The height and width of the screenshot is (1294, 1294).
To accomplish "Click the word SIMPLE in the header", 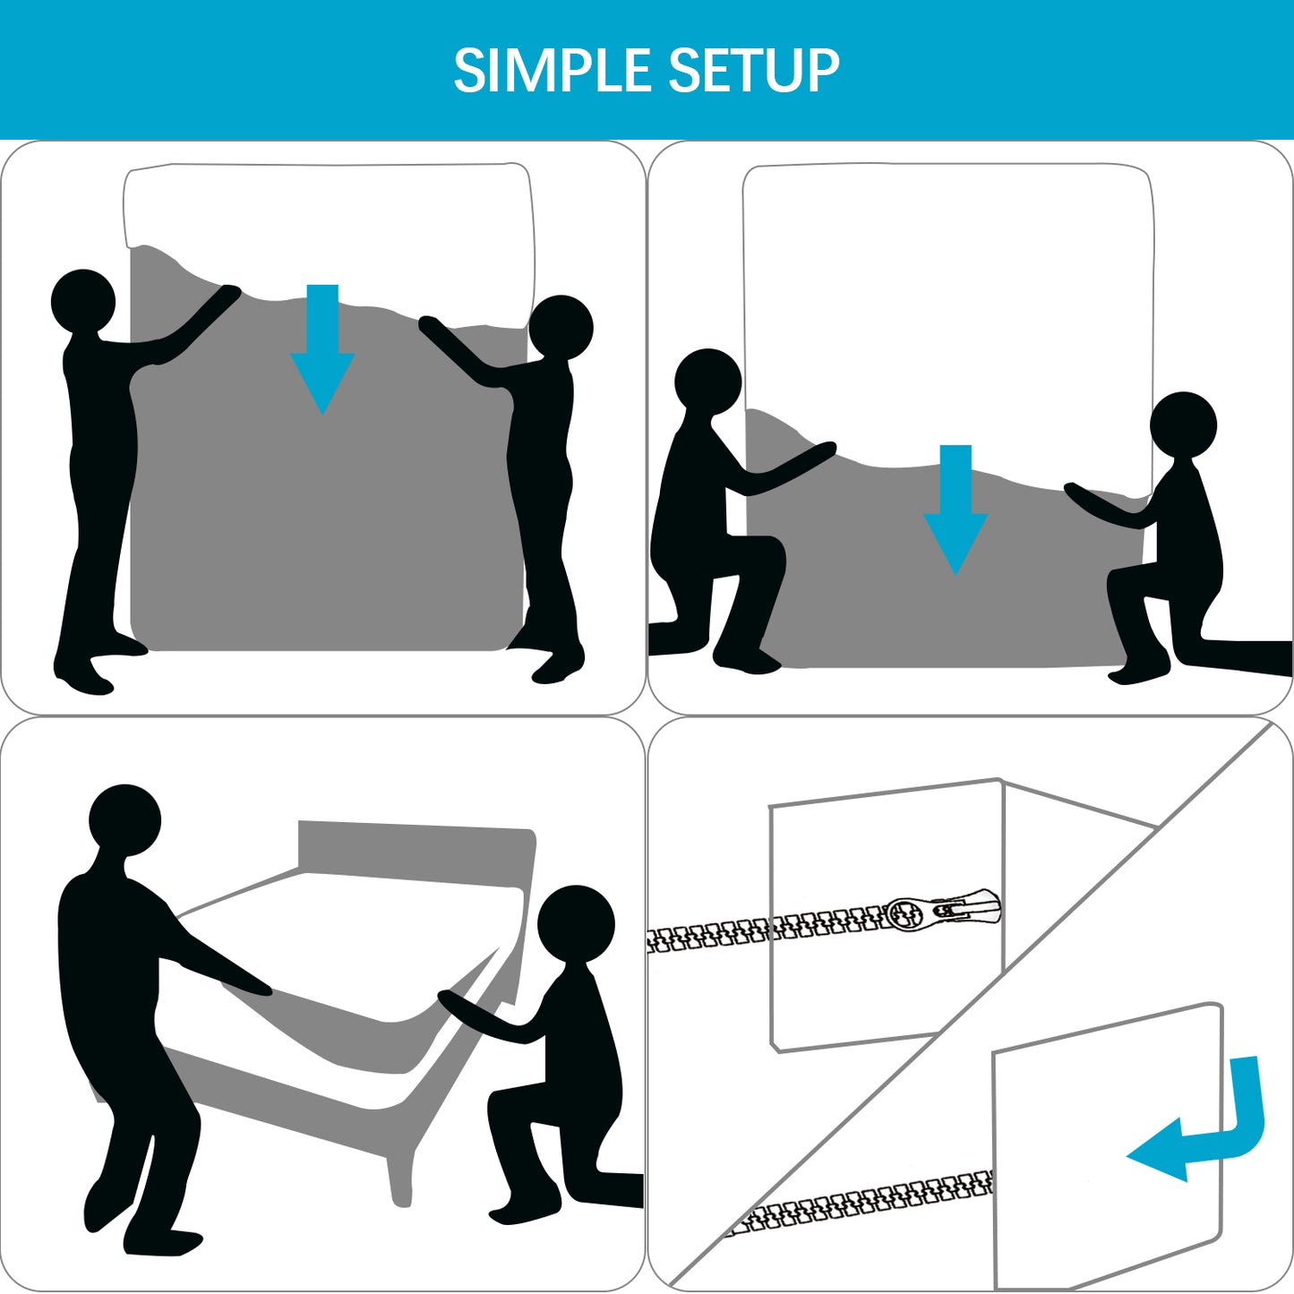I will tap(552, 71).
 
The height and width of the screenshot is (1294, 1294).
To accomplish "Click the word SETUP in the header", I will tap(753, 71).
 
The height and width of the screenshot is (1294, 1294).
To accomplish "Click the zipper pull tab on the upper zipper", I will tap(967, 909).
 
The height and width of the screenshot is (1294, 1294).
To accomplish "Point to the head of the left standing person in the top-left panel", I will tap(83, 301).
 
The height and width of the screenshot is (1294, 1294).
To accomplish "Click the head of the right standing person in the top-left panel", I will tap(561, 327).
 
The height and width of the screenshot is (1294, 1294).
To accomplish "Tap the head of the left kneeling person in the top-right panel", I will tap(707, 381).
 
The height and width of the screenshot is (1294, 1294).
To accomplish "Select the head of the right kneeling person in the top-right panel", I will tap(1183, 424).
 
